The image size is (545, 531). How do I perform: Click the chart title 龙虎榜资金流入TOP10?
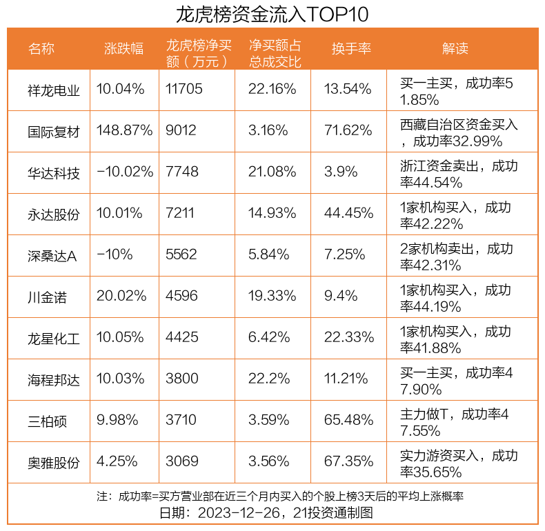(x=272, y=14)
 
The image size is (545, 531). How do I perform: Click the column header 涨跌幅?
(x=123, y=48)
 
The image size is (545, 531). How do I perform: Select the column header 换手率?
(x=351, y=48)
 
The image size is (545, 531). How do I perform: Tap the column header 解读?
(x=455, y=48)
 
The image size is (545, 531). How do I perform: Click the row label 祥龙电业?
(x=54, y=90)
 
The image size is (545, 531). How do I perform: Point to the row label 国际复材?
(x=54, y=131)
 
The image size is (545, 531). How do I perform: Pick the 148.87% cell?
(x=125, y=131)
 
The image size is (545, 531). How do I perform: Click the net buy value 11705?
(x=184, y=90)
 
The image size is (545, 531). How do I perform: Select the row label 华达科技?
(x=54, y=172)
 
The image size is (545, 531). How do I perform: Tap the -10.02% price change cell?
(x=125, y=172)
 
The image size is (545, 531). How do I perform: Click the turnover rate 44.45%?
(x=348, y=214)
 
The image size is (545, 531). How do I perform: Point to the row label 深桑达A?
(x=52, y=255)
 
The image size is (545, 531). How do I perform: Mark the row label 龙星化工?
(x=54, y=338)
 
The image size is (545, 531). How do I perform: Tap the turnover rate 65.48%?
(x=348, y=421)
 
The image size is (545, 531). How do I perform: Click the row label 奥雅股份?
(x=54, y=462)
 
